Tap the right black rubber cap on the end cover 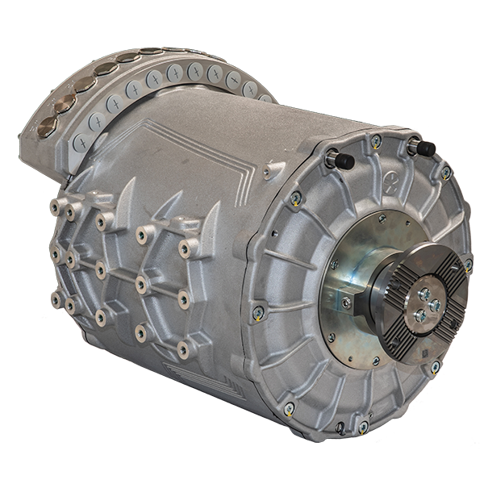[423, 148]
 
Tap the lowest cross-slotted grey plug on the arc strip [79, 143]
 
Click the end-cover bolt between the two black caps [376, 141]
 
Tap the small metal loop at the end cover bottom [341, 426]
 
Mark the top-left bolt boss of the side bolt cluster [56, 207]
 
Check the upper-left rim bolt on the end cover [296, 196]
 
